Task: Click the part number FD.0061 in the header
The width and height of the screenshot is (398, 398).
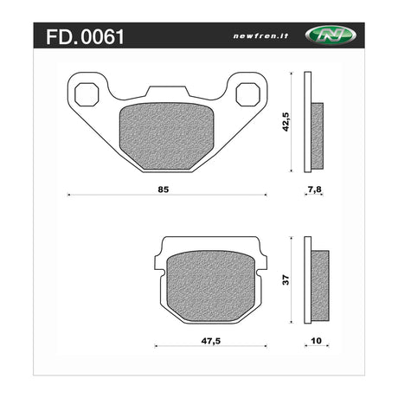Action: pos(85,37)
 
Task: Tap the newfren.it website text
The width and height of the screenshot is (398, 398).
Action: pos(260,36)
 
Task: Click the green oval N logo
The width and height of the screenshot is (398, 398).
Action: pos(331,35)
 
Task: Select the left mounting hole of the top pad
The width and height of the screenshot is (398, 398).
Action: pos(87,94)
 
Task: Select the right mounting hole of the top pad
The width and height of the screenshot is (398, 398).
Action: pos(248,94)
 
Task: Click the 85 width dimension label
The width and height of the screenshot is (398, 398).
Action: pos(164,189)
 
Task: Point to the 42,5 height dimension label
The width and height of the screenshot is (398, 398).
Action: pos(286,122)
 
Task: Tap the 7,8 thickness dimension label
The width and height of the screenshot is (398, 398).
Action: pos(314,189)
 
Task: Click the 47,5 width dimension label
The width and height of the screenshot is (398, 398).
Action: pos(211,341)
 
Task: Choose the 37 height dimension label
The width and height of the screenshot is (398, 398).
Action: pos(286,280)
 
